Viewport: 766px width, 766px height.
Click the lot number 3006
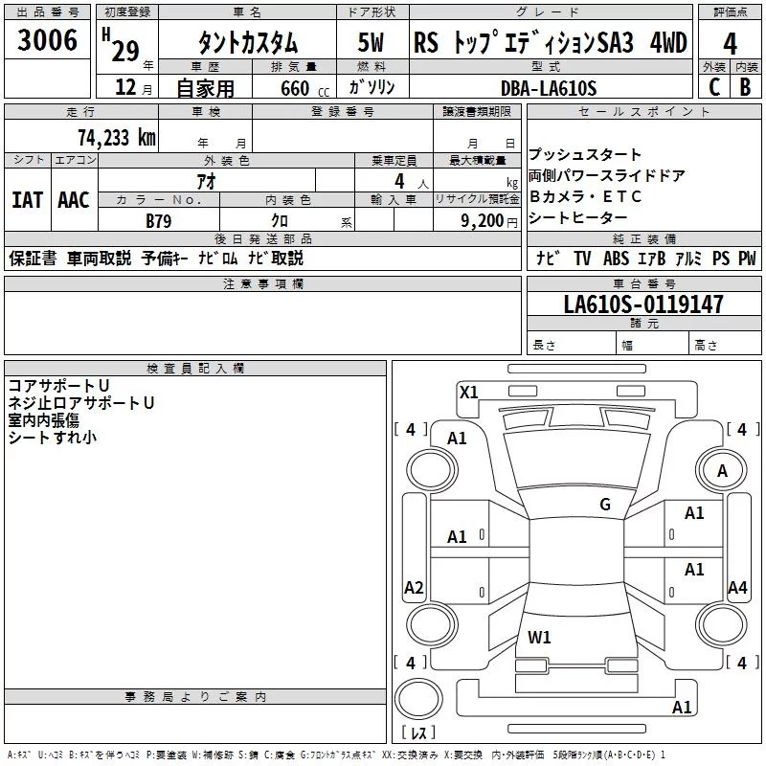click(x=48, y=41)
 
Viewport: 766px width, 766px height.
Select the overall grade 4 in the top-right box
click(x=730, y=44)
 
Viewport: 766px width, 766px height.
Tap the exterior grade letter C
click(x=713, y=86)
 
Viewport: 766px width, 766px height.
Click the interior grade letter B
click(x=746, y=86)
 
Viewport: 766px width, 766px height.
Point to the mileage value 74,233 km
click(x=116, y=137)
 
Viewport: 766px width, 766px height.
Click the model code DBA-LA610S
click(x=549, y=88)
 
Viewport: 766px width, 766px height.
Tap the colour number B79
click(x=160, y=219)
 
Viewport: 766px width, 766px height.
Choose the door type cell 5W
click(x=372, y=44)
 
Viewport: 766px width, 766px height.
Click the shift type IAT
click(x=27, y=200)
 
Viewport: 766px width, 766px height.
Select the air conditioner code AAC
click(x=74, y=200)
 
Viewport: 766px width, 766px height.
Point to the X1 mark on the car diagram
click(x=469, y=391)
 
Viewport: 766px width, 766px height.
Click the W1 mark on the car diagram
click(x=539, y=637)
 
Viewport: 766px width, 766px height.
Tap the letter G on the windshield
click(x=604, y=505)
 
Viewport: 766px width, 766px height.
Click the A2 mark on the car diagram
click(x=414, y=588)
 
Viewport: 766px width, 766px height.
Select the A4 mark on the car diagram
click(x=736, y=588)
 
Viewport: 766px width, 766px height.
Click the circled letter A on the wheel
click(x=722, y=470)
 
